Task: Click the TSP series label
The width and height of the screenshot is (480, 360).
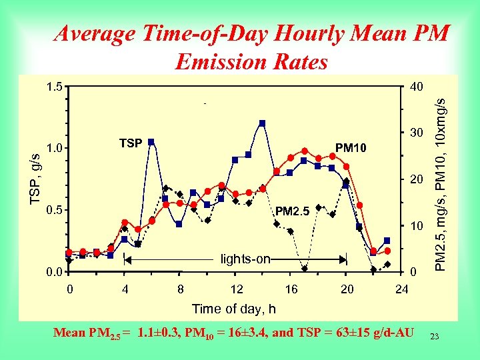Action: point(130,143)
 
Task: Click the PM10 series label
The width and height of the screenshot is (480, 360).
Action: point(351,147)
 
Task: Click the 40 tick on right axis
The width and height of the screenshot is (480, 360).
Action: point(416,87)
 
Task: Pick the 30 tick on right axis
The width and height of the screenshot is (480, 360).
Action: point(416,133)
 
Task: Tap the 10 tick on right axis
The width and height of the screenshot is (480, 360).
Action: point(416,227)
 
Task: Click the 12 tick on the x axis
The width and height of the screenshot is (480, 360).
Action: point(236,289)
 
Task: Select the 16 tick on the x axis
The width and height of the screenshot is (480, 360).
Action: point(291,289)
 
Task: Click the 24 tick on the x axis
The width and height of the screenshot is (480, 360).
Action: point(401,289)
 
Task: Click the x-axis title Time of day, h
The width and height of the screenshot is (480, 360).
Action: point(233,309)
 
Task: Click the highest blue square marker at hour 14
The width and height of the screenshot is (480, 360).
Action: point(263,123)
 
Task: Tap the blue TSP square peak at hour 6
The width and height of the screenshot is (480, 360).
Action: point(151,142)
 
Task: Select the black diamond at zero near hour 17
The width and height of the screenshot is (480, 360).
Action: point(304,269)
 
